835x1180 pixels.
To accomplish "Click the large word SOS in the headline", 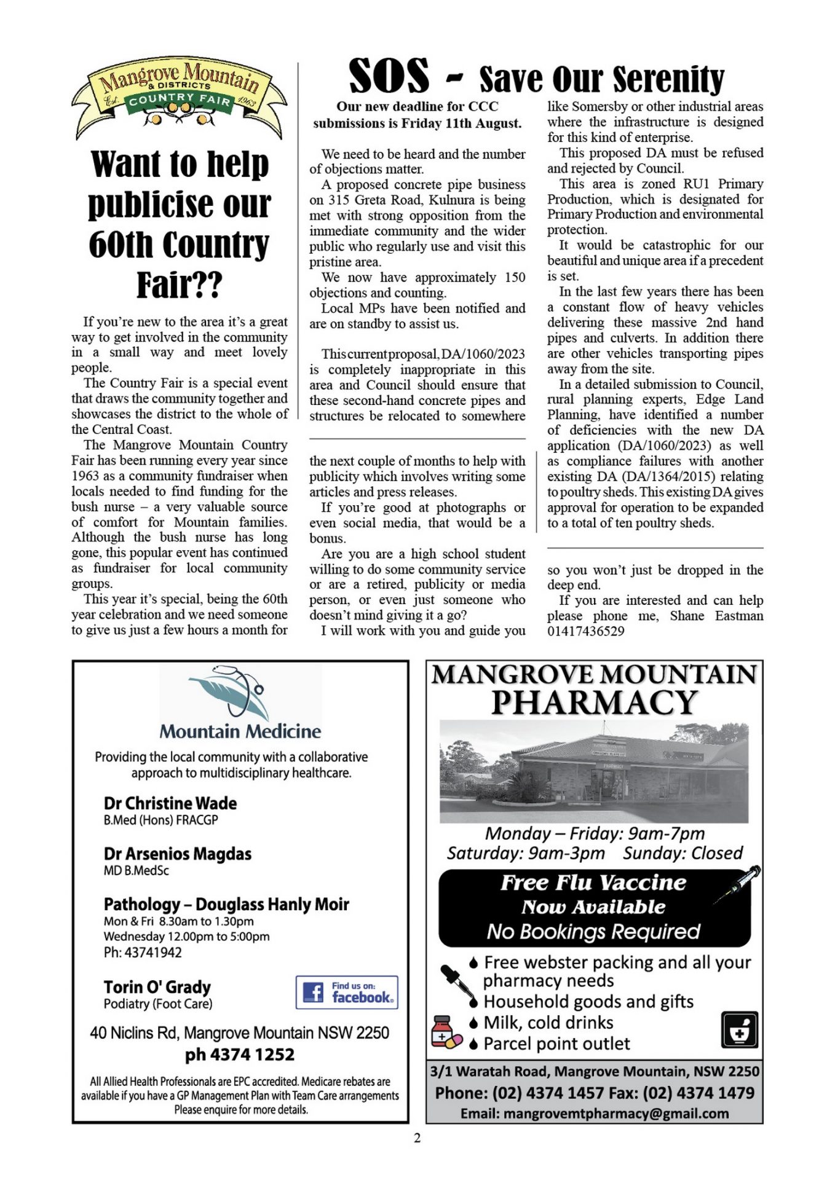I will (x=389, y=76).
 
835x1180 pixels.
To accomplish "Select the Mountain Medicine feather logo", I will (x=235, y=693).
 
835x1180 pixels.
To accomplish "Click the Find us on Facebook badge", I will (x=347, y=992).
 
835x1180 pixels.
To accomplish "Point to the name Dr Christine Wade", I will (x=170, y=803).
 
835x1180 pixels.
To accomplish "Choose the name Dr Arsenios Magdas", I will (x=178, y=854).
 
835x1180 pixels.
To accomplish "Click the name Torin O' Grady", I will (x=157, y=986).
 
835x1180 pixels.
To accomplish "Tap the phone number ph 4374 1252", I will (x=240, y=1055).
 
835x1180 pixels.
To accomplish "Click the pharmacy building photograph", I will (x=594, y=771).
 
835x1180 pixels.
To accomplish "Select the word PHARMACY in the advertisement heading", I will (x=595, y=702).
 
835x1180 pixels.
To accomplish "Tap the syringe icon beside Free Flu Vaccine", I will (x=737, y=884).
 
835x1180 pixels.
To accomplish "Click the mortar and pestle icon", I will (x=739, y=1030).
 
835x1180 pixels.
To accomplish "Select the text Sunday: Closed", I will (x=683, y=853).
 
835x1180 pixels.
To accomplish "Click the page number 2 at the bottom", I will (x=417, y=1138).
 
